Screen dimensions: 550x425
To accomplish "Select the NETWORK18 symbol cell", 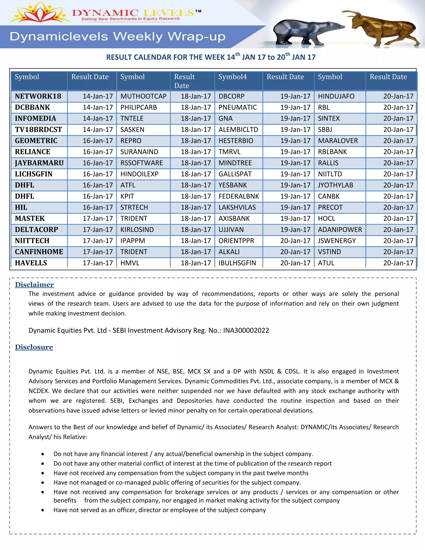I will [38, 96].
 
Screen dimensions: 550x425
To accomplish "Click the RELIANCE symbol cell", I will [33, 152].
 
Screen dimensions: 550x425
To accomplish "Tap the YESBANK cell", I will [233, 185].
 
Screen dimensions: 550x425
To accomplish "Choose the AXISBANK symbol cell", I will [234, 219].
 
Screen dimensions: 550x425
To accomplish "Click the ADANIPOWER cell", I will [340, 230].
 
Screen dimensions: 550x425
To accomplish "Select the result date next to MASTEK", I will [98, 219].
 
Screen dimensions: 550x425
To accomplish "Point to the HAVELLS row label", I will [31, 263].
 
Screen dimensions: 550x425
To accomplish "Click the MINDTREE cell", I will [235, 163].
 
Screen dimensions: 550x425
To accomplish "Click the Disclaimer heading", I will [34, 285].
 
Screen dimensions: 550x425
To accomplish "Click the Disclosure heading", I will [34, 347].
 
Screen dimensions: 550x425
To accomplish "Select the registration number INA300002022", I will [246, 330].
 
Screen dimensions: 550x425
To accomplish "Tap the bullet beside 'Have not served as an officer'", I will [43, 510].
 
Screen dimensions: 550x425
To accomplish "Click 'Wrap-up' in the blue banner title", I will [196, 37].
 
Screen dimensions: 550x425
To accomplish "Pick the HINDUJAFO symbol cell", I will [336, 96].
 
